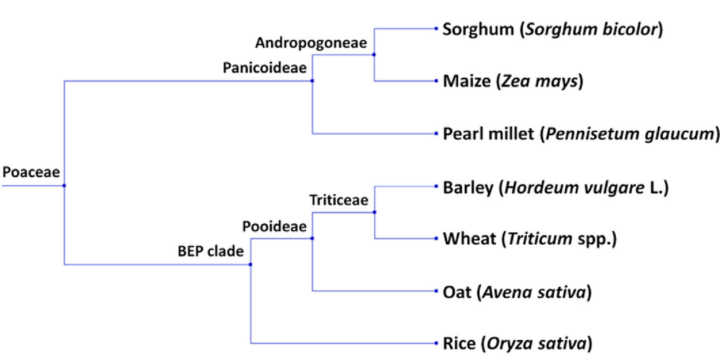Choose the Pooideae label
(x=271, y=226)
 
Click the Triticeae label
(x=339, y=200)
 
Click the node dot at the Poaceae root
(x=64, y=186)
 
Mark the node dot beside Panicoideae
(x=313, y=81)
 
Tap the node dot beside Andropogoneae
(x=374, y=55)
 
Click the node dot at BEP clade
(x=250, y=265)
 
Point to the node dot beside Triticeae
(x=374, y=212)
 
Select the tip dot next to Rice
(x=434, y=344)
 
